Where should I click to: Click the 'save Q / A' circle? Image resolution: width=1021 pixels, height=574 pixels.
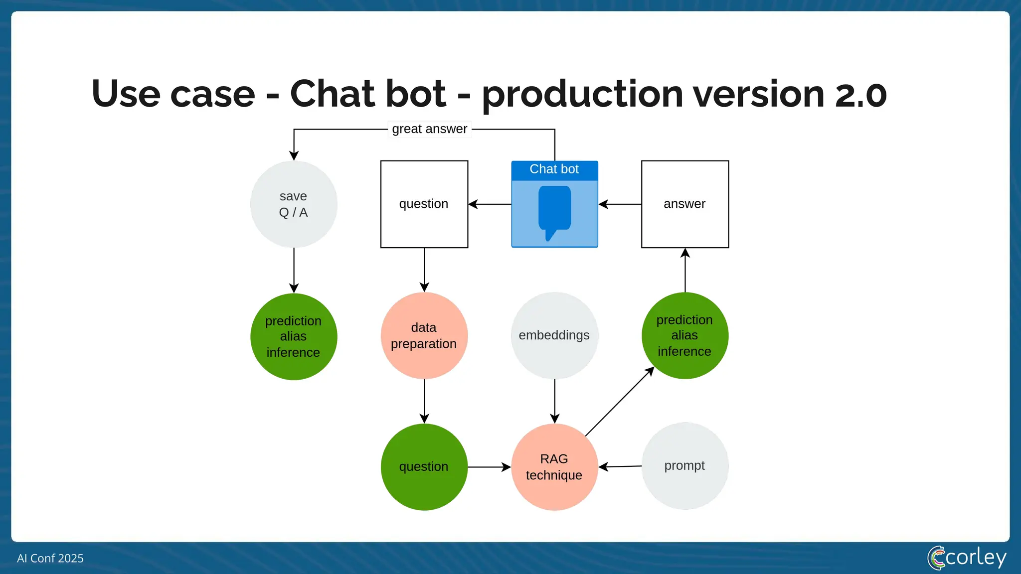coord(294,204)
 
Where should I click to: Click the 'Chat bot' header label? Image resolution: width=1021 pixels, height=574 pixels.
coord(554,169)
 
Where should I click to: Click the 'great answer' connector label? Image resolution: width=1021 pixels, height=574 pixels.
coord(430,129)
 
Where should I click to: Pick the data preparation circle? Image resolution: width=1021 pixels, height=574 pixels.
coord(424,336)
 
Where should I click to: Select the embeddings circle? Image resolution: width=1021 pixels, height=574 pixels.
coord(554,336)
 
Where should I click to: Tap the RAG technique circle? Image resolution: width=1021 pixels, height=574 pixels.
coord(554,467)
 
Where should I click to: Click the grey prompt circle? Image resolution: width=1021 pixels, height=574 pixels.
coord(685,466)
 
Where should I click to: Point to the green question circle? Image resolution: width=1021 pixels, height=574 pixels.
coord(424,467)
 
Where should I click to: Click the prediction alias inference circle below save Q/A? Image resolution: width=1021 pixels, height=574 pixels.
coord(294,337)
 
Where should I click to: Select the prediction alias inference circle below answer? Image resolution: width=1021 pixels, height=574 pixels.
coord(685,336)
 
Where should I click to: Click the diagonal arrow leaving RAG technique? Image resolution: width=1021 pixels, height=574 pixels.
coord(620,402)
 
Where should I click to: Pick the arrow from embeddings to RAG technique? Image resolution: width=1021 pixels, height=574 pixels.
coord(555,401)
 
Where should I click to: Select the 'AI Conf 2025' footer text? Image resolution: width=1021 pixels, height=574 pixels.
coord(50,559)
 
